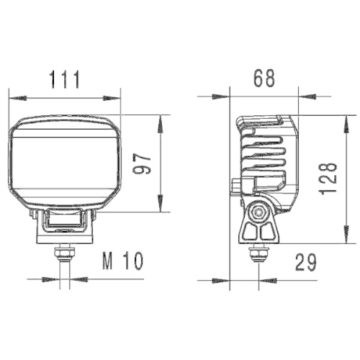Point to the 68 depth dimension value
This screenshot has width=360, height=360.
(x=264, y=78)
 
